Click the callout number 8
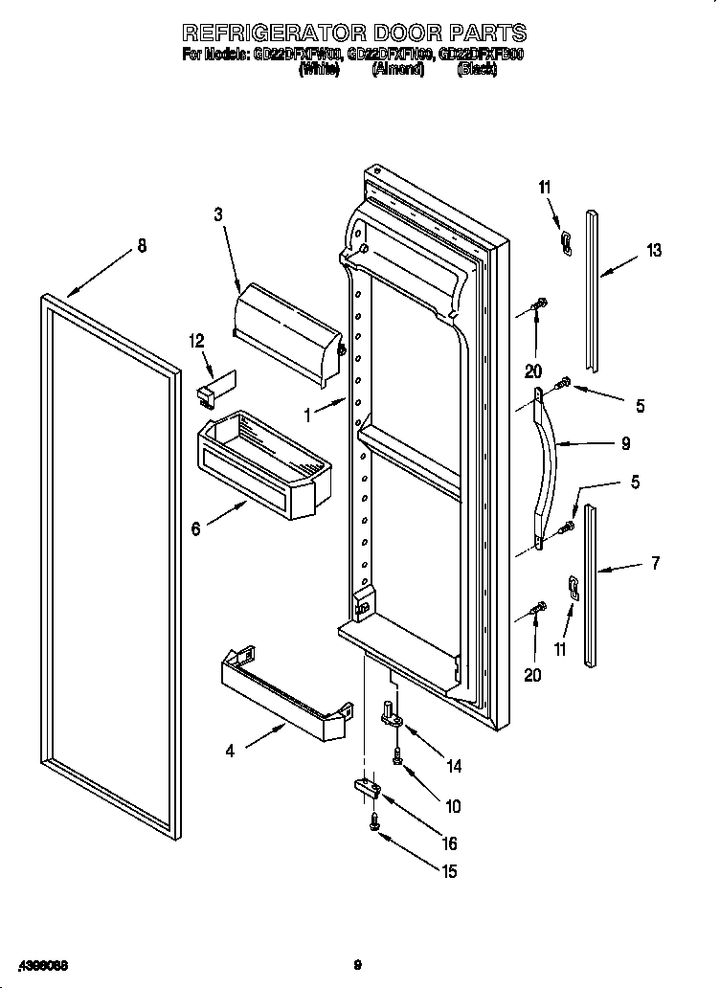pos(142,246)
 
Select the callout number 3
pos(217,215)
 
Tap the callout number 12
pos(197,340)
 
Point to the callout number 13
pos(653,251)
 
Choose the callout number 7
pos(655,564)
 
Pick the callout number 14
pos(454,766)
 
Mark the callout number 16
pos(447,843)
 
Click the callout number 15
pos(447,871)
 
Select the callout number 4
pos(230,752)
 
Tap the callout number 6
pos(196,528)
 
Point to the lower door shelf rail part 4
pos(281,694)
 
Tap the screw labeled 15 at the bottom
pos(374,820)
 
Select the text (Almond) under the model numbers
pos(397,70)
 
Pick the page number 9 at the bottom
pos(356,964)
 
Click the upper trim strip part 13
pos(594,287)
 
